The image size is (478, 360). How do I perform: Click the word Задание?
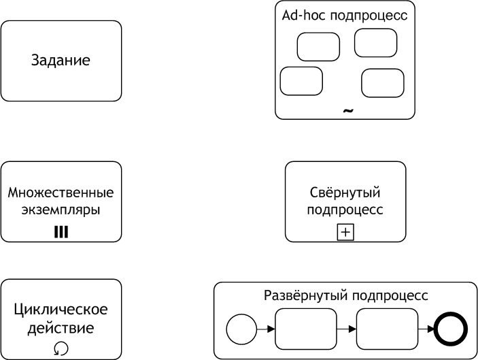tap(61, 61)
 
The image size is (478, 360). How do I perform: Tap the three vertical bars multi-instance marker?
tap(61, 232)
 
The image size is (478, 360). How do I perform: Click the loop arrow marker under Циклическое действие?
tap(61, 348)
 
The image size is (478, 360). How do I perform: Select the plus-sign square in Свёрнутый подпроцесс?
tap(345, 232)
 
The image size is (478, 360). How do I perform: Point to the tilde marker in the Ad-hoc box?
tap(348, 111)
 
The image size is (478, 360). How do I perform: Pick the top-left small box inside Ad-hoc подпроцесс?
tap(318, 47)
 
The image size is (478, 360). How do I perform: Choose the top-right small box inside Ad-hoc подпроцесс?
tap(375, 43)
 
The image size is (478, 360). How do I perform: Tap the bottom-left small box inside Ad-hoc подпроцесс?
tap(301, 81)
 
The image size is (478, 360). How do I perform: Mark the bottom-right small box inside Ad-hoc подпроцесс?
tap(383, 83)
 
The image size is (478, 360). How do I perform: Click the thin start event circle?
tap(241, 329)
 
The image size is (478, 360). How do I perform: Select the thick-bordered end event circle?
tap(451, 329)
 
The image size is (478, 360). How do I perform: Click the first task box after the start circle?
tap(306, 329)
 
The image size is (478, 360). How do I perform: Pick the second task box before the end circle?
tap(387, 329)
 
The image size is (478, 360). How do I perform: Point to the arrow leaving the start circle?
tap(266, 329)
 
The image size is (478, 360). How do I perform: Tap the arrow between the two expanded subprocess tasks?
tap(347, 329)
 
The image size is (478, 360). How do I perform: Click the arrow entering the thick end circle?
tap(426, 329)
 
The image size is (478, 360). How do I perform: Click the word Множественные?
tap(61, 193)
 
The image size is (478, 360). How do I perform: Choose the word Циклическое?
tap(61, 310)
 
